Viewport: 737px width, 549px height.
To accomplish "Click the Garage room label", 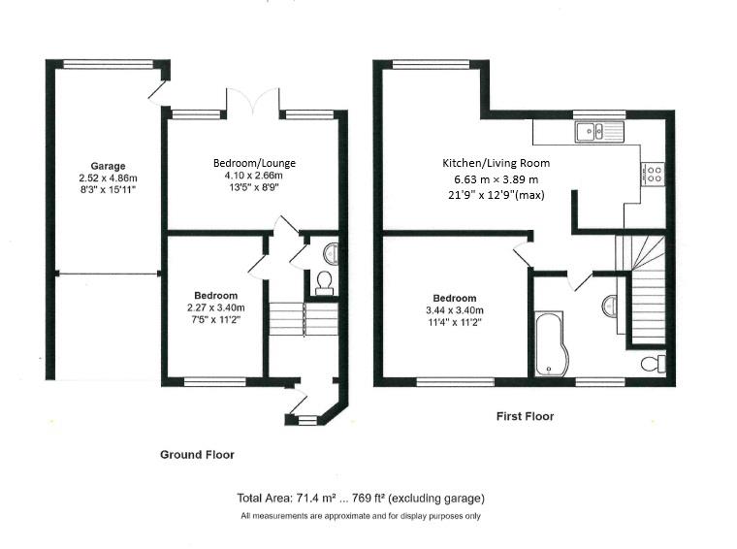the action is (x=108, y=166).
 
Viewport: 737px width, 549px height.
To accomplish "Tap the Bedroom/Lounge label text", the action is (x=254, y=163).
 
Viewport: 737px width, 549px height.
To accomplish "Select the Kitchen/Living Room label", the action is (x=496, y=163).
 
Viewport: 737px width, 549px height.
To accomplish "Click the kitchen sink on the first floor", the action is (x=598, y=131).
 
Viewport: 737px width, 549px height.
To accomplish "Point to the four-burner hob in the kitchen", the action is (x=653, y=174).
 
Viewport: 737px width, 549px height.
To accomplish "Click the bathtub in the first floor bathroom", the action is (x=551, y=343).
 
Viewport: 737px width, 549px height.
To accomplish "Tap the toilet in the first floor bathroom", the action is (x=654, y=364).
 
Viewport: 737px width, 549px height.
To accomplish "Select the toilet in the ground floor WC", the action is (x=324, y=283).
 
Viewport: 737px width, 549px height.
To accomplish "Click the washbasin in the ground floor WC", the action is (x=331, y=254).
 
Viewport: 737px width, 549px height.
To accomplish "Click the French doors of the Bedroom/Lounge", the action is (x=253, y=100).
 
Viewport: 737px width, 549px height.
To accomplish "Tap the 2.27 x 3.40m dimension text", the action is (x=215, y=307).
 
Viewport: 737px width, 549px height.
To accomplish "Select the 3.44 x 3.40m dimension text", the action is (x=455, y=310).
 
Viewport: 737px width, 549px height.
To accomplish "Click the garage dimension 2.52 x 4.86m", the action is (x=108, y=178).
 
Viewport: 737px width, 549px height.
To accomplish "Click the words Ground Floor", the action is (x=198, y=455).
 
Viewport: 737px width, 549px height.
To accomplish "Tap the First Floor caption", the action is (x=525, y=416).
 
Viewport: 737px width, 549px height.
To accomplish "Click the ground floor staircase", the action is (x=304, y=319).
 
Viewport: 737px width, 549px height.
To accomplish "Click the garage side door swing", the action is (x=158, y=93).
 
